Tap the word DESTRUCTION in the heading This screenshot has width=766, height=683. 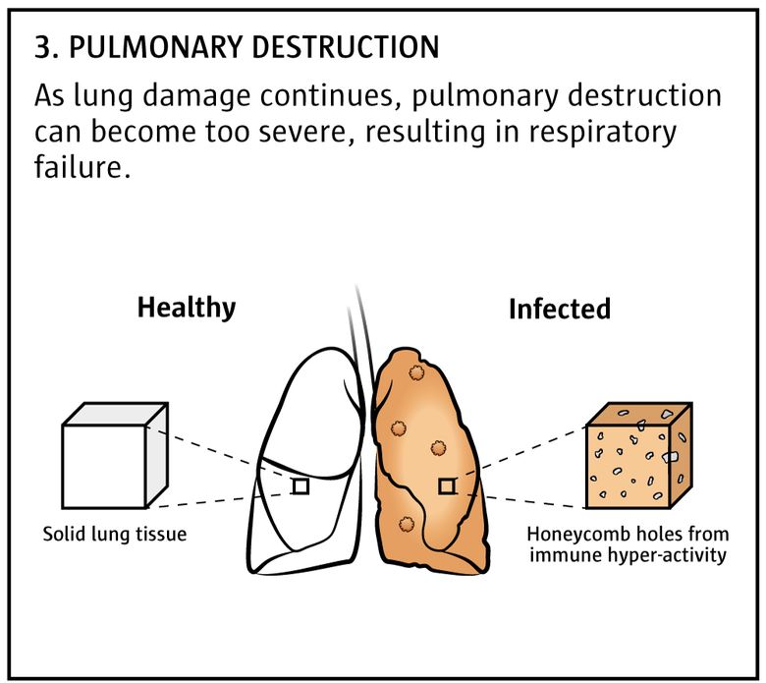tap(346, 47)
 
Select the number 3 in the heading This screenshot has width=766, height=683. tap(42, 47)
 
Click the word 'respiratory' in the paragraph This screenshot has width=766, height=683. tap(586, 133)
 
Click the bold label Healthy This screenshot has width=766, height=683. tap(187, 309)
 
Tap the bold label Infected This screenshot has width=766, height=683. tap(560, 309)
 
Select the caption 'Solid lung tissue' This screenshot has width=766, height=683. tap(115, 534)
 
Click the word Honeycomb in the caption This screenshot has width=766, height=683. tap(570, 534)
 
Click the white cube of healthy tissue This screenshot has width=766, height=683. tap(115, 456)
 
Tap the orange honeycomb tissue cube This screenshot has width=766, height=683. tap(638, 456)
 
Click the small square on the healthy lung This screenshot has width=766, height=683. tap(301, 486)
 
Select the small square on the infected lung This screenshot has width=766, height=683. tap(447, 486)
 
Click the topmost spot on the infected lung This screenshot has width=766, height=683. tap(416, 373)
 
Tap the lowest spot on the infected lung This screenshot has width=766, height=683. tap(406, 525)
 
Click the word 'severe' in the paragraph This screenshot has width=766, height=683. tap(310, 133)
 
